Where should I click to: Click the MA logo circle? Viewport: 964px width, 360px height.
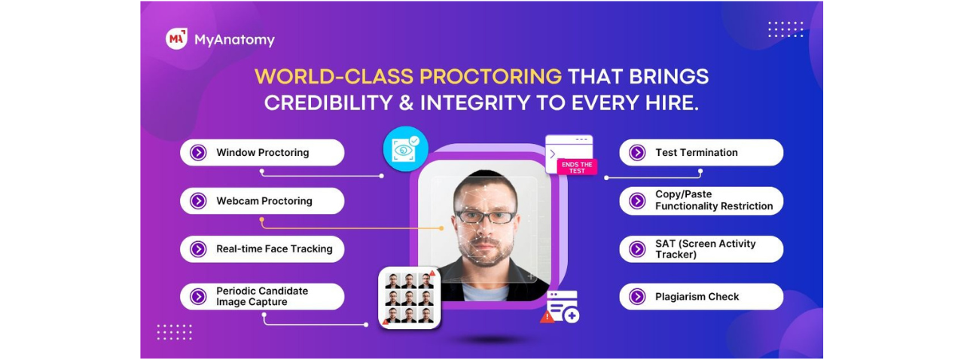176,38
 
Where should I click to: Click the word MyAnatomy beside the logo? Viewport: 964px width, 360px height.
234,40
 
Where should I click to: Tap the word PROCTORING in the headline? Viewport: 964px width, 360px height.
490,77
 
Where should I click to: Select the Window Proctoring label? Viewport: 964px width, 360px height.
263,152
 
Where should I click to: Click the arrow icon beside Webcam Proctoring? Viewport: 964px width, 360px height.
198,200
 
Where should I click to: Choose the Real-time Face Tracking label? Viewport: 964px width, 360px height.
274,249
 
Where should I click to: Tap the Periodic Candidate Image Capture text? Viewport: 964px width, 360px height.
262,296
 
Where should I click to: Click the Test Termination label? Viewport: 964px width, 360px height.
697,152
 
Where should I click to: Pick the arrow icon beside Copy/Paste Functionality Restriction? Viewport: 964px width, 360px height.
637,200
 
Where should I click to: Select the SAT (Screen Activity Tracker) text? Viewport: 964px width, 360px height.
706,249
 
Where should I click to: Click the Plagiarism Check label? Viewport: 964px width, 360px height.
697,297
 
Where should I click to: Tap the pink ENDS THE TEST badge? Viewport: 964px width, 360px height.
577,167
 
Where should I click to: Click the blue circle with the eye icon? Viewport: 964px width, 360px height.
405,149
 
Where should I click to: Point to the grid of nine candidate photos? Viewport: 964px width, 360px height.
409,298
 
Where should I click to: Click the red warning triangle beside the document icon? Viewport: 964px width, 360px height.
547,317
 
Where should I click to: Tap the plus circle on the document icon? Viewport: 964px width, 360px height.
572,316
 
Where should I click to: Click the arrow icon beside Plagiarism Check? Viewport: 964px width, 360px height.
637,297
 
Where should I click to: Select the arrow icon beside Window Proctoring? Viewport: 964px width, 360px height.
198,152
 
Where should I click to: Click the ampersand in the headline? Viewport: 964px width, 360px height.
406,103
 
